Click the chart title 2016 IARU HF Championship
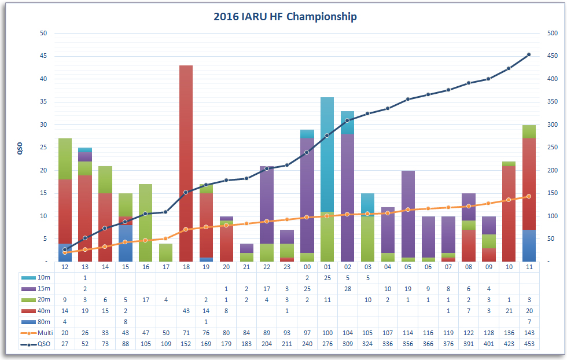(x=285, y=16)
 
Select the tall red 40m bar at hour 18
(x=186, y=163)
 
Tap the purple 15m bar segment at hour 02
(x=347, y=197)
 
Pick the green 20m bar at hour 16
(x=145, y=223)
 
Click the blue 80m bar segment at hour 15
(x=125, y=243)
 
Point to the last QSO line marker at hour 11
(x=528, y=55)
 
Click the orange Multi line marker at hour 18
(x=186, y=229)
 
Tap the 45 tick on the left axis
(x=43, y=56)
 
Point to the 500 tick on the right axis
(x=553, y=33)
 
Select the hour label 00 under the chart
(x=307, y=267)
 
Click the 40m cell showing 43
(x=186, y=311)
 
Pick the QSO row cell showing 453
(x=528, y=344)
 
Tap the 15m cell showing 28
(x=347, y=289)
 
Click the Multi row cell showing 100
(x=327, y=333)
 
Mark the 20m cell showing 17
(x=145, y=300)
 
